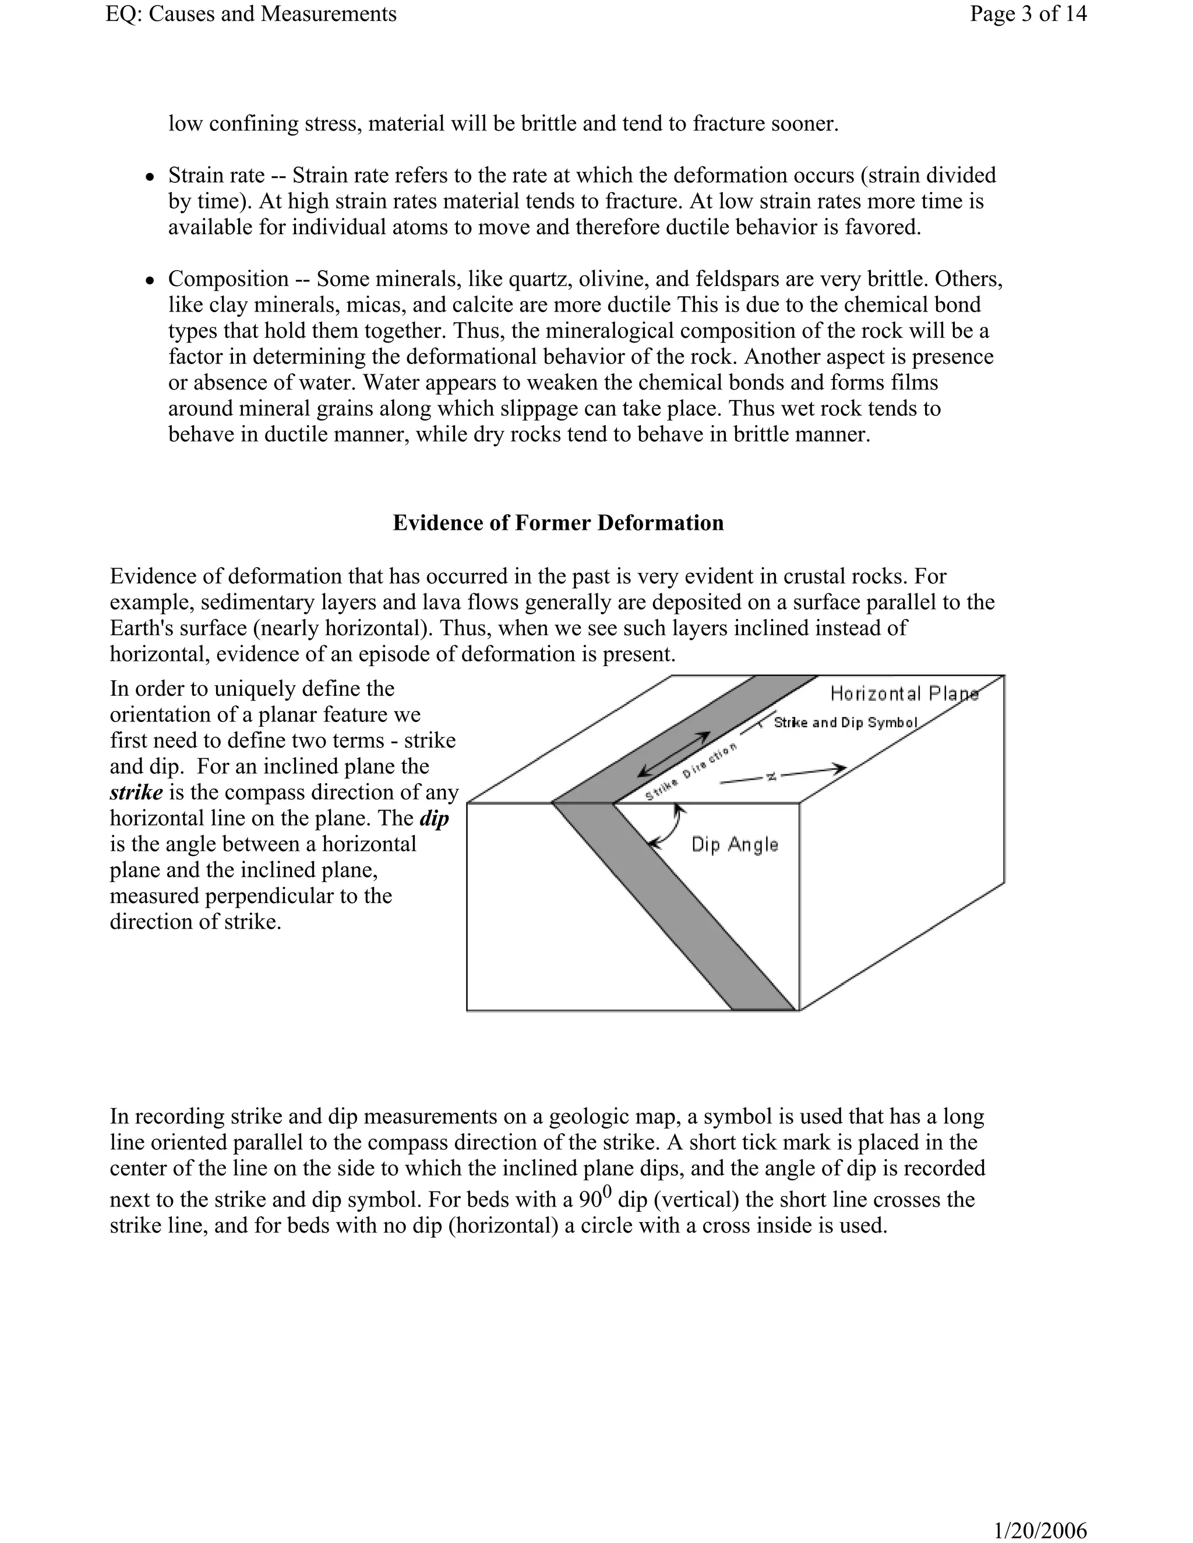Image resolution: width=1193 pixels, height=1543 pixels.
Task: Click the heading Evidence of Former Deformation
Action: click(557, 523)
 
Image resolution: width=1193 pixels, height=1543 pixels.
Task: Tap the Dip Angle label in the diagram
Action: click(735, 844)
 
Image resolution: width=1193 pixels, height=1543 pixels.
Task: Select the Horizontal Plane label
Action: click(904, 694)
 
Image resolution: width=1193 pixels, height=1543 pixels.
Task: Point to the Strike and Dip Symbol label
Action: click(845, 723)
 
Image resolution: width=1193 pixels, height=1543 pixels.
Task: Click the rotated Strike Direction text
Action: click(691, 772)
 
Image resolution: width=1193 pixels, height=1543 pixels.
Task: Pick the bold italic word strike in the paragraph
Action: click(136, 792)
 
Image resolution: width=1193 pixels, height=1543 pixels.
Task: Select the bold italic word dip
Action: click(434, 818)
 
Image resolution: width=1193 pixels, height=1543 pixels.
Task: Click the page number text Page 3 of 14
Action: click(1028, 13)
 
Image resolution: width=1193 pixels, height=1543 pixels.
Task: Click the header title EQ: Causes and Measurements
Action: click(251, 13)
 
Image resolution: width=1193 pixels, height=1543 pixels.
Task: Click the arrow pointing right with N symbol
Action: click(785, 774)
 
